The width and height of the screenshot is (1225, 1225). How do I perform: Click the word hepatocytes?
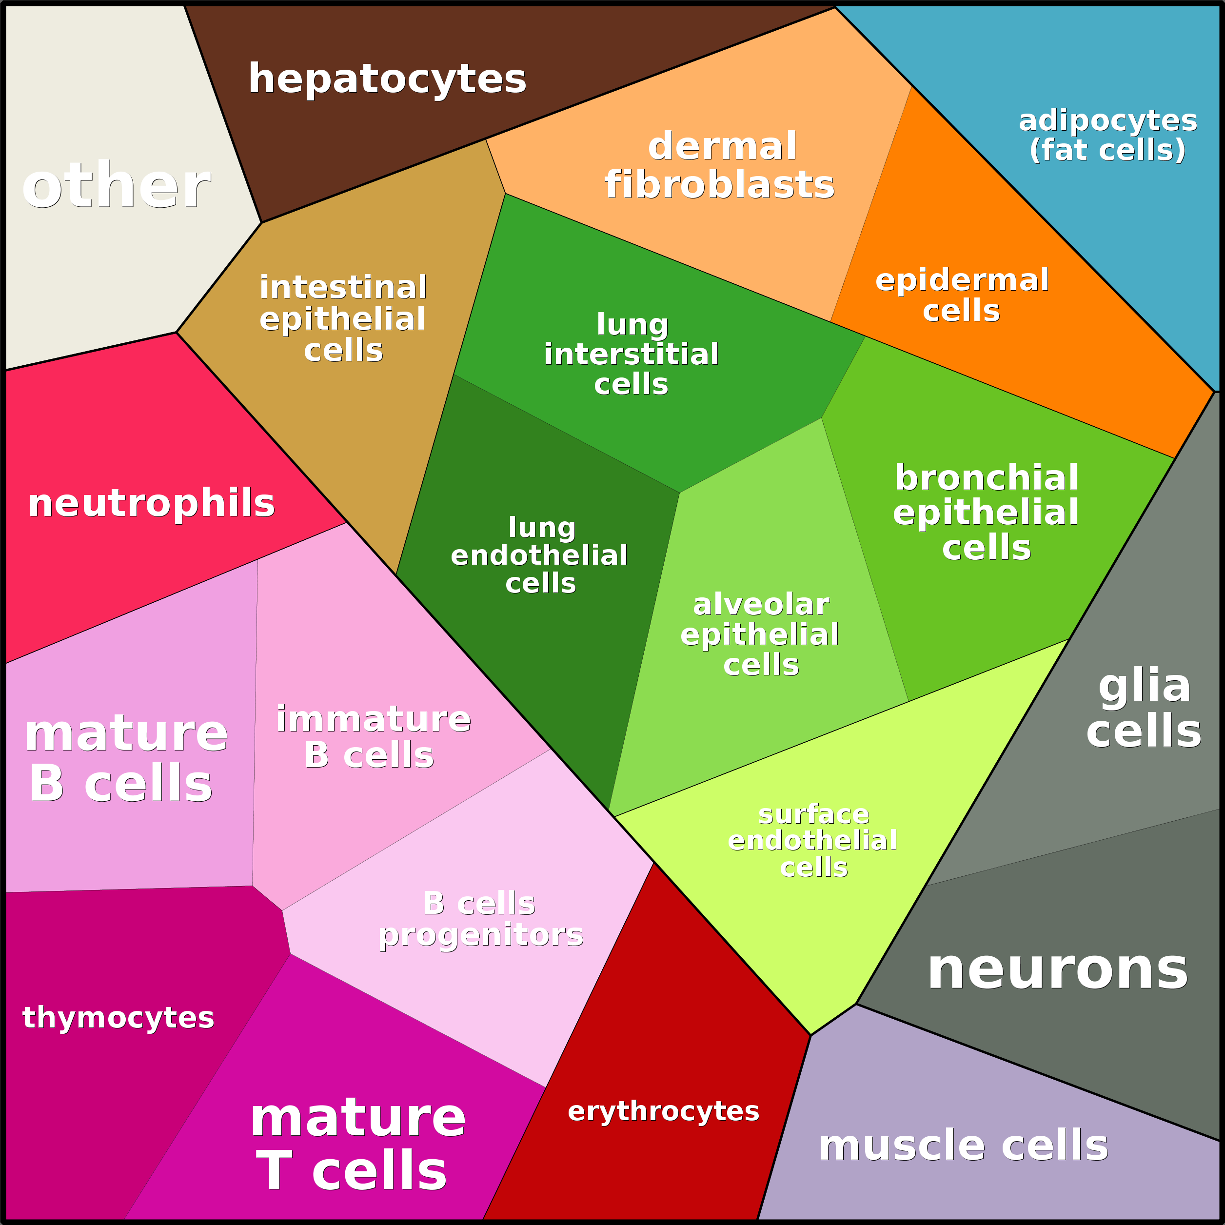pyautogui.click(x=387, y=79)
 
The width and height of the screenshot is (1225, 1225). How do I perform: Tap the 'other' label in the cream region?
pyautogui.click(x=116, y=186)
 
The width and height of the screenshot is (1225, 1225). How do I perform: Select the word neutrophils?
pyautogui.click(x=151, y=503)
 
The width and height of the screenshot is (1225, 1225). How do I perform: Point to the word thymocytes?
pyautogui.click(x=118, y=1018)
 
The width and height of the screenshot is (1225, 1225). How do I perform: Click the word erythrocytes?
pyautogui.click(x=663, y=1111)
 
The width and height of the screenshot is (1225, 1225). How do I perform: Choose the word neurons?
pyautogui.click(x=1057, y=970)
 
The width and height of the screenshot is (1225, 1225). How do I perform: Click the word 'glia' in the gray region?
pyautogui.click(x=1145, y=686)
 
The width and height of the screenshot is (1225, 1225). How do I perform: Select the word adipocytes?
pyautogui.click(x=1107, y=120)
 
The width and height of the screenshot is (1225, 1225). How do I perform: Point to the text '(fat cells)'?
pyautogui.click(x=1107, y=150)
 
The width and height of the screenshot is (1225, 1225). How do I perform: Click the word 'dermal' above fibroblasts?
pyautogui.click(x=722, y=146)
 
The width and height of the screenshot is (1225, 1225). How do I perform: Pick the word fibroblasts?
pyautogui.click(x=720, y=185)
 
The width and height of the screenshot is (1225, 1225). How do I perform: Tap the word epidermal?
pyautogui.click(x=962, y=280)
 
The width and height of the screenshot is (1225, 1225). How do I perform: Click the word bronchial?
pyautogui.click(x=986, y=477)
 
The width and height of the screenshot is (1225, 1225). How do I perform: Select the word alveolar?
pyautogui.click(x=761, y=605)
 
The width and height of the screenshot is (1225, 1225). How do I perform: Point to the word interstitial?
pyautogui.click(x=631, y=354)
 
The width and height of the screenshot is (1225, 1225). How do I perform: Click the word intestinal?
pyautogui.click(x=343, y=287)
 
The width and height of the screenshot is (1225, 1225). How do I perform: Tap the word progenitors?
pyautogui.click(x=481, y=935)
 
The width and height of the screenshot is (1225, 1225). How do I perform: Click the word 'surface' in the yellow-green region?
pyautogui.click(x=813, y=815)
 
